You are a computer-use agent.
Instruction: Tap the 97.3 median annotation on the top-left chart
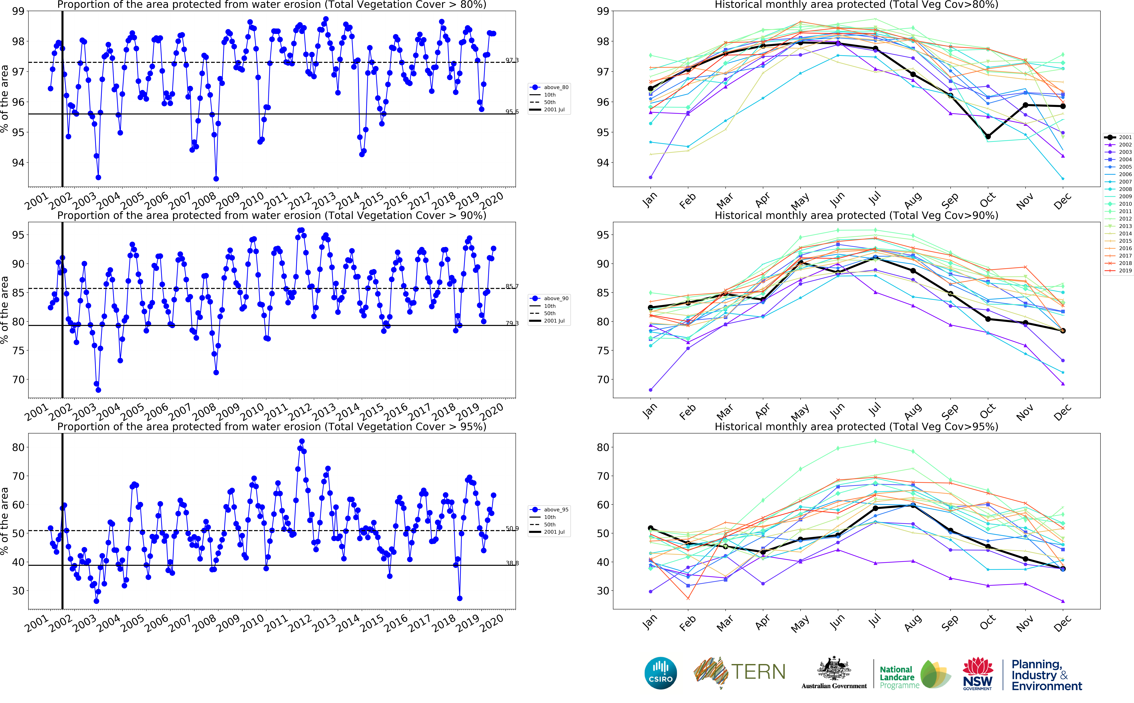click(x=512, y=60)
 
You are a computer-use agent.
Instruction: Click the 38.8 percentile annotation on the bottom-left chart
click(x=512, y=563)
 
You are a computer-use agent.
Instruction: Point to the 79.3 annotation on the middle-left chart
click(x=512, y=323)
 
